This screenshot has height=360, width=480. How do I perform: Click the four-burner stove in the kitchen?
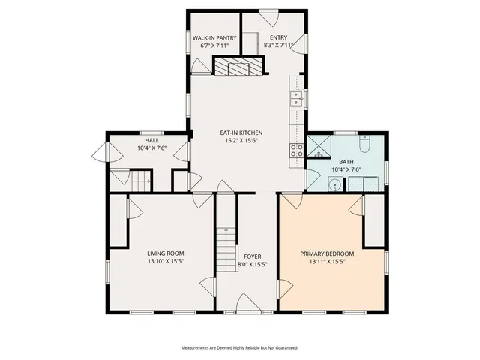click(x=297, y=152)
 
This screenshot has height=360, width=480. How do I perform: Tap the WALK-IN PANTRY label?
click(x=214, y=37)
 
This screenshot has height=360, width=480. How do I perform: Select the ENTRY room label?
click(x=278, y=37)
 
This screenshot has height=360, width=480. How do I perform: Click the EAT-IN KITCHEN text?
click(x=241, y=133)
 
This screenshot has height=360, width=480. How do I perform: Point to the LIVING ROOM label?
click(x=165, y=253)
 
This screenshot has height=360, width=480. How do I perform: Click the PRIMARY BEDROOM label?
click(x=327, y=253)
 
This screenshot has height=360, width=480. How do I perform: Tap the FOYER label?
click(x=252, y=256)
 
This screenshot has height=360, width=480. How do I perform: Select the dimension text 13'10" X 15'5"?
click(x=165, y=262)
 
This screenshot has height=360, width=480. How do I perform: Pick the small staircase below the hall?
click(x=142, y=181)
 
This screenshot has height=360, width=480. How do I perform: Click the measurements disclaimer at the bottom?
click(x=240, y=348)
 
